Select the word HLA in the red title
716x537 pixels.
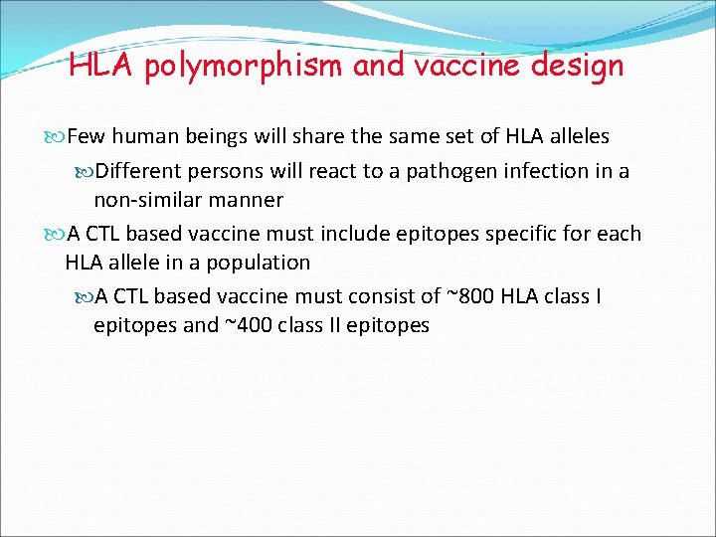[x=95, y=66]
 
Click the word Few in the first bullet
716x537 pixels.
[x=87, y=136]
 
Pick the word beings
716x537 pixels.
[x=218, y=136]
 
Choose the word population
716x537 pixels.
[x=258, y=263]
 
